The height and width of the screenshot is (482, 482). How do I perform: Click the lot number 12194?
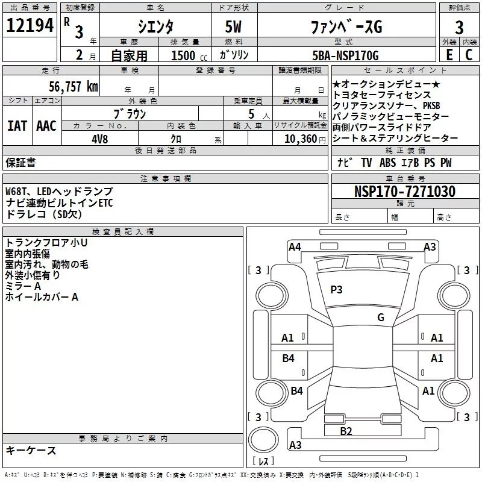[30, 27]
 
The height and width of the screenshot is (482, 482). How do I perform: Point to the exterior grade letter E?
[449, 55]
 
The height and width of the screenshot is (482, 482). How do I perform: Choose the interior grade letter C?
[469, 55]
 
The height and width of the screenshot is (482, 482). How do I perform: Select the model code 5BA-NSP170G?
[345, 55]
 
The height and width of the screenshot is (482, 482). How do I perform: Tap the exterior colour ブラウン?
[130, 113]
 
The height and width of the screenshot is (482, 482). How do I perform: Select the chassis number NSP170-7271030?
[405, 192]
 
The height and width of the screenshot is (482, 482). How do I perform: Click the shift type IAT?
[16, 126]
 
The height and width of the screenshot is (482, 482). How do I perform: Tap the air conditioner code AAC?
[46, 126]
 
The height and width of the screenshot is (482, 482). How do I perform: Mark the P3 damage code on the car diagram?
[336, 290]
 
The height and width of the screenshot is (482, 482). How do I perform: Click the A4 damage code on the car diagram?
[295, 246]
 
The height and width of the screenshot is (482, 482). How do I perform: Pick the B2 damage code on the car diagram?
[346, 431]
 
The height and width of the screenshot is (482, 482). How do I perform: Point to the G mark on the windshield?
[380, 318]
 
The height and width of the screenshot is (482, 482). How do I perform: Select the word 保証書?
[20, 163]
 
